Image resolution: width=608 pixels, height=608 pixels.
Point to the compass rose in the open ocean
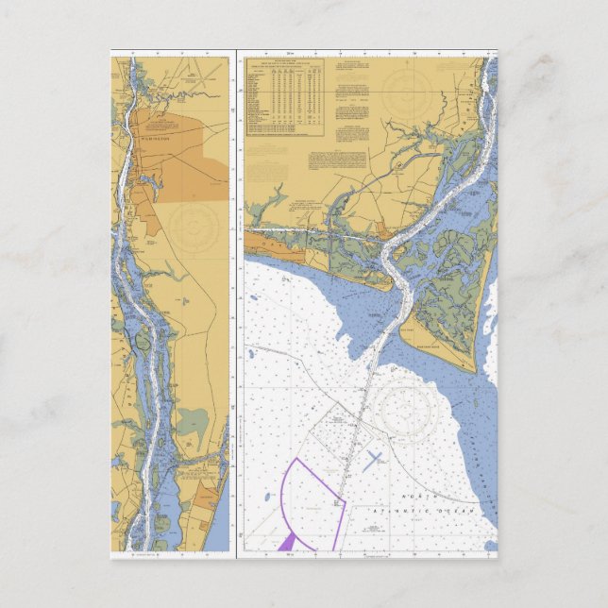click(407, 405)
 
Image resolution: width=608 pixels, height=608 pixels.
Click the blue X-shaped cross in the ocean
click(373, 460)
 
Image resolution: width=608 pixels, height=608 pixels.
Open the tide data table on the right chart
click(284, 94)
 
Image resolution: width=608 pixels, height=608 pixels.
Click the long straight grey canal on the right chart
click(312, 229)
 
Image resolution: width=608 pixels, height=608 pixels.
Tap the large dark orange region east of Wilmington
click(184, 156)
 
